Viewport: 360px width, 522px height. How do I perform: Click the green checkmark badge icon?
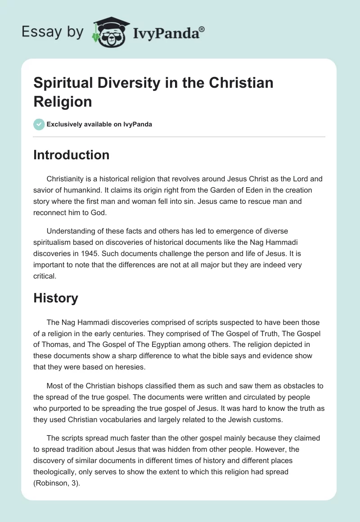point(39,124)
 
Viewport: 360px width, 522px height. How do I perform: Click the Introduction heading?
point(72,155)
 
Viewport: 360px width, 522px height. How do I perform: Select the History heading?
point(56,298)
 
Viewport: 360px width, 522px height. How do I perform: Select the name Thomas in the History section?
point(56,345)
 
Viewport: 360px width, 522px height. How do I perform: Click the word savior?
point(44,190)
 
